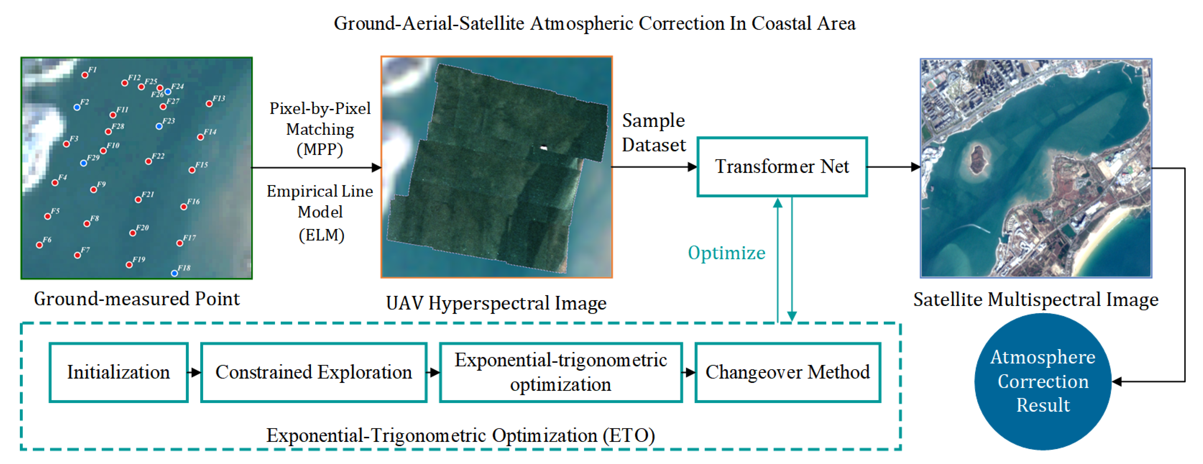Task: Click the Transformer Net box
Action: click(x=782, y=167)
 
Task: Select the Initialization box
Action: click(x=119, y=372)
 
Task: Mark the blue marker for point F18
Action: click(x=174, y=273)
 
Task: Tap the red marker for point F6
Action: click(x=40, y=245)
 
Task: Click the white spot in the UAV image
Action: click(x=544, y=148)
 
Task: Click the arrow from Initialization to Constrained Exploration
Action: click(x=194, y=372)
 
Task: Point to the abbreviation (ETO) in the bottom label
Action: click(x=628, y=436)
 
